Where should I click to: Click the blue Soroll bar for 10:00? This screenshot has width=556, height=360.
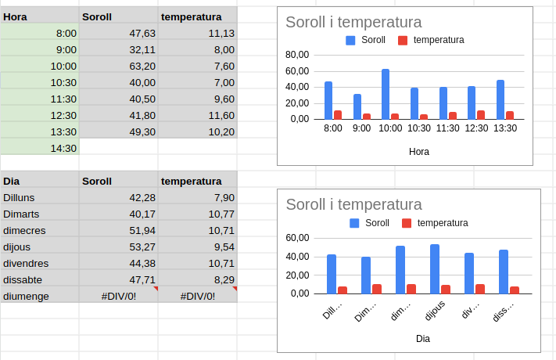point(386,94)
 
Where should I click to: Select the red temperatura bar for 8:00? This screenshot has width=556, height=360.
point(338,114)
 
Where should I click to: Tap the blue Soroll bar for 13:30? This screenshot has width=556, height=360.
point(500,99)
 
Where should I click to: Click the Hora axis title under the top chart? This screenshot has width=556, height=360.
point(419,152)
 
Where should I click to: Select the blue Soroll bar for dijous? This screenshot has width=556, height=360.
point(435,269)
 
